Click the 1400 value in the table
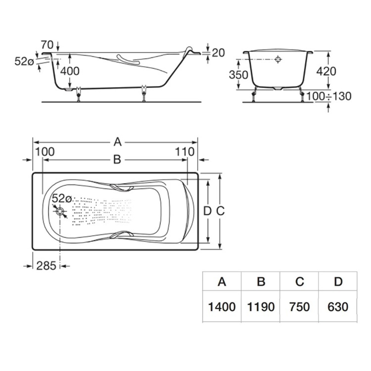[222, 307]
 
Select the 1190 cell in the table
[261, 307]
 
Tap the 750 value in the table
[300, 307]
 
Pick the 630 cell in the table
[338, 307]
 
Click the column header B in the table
[261, 281]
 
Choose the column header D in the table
[338, 281]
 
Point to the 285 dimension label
[46, 266]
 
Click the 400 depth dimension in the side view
[70, 71]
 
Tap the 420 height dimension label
[326, 71]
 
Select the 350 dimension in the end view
[238, 75]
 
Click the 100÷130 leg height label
[329, 96]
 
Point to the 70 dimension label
[47, 45]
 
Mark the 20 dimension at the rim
[218, 53]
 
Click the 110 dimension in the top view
[185, 152]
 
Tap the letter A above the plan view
[118, 142]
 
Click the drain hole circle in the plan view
[60, 211]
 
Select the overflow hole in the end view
[278, 59]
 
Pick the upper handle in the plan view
[122, 188]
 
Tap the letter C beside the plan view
[221, 211]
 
